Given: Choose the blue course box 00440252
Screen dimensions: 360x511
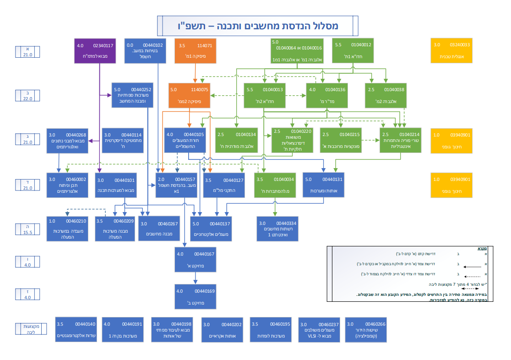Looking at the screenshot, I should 132,95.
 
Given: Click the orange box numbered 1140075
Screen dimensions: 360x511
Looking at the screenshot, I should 189,95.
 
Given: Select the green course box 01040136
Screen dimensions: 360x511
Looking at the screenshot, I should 326,95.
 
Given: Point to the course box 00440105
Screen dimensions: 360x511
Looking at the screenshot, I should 185,140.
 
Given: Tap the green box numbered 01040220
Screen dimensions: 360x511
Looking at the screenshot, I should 292,140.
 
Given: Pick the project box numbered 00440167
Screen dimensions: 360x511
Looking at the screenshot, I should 195,259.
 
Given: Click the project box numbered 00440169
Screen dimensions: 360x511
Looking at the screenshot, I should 195,296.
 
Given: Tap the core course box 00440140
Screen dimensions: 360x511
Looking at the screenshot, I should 76,329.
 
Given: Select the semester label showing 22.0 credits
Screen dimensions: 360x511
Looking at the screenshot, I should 28,95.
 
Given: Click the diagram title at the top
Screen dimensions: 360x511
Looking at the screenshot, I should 255,26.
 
